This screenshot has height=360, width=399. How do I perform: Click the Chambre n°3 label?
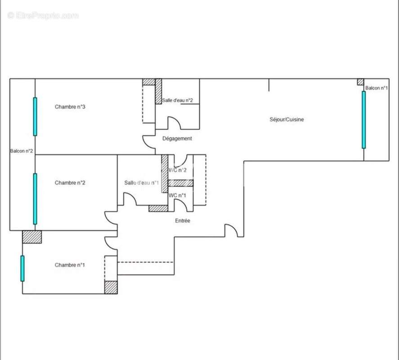(70, 107)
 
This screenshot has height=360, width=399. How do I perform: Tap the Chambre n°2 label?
(70, 183)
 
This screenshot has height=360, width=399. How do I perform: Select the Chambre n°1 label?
(70, 265)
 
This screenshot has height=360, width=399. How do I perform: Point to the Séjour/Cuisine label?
(287, 119)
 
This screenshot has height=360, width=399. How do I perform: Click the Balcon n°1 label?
(377, 88)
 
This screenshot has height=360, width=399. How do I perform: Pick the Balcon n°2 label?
(22, 151)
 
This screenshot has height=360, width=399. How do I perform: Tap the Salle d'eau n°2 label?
(178, 100)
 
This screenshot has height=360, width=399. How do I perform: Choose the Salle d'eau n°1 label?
(141, 183)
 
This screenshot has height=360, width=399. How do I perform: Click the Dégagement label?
(177, 139)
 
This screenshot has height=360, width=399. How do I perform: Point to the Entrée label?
(182, 220)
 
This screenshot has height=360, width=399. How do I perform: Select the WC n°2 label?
(178, 170)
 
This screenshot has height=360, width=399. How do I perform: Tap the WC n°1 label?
(178, 195)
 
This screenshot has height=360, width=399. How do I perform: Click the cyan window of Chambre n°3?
(35, 116)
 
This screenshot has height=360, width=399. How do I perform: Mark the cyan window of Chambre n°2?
(35, 198)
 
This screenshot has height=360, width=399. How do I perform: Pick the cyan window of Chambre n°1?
(22, 268)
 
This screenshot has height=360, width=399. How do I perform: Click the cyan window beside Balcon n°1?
(363, 120)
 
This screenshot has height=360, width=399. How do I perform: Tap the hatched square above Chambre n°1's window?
(32, 237)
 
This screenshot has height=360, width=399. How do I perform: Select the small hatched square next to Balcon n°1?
(360, 82)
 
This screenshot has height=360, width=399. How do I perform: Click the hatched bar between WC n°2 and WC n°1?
(180, 183)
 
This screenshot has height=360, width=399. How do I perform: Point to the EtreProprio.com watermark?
(43, 16)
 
